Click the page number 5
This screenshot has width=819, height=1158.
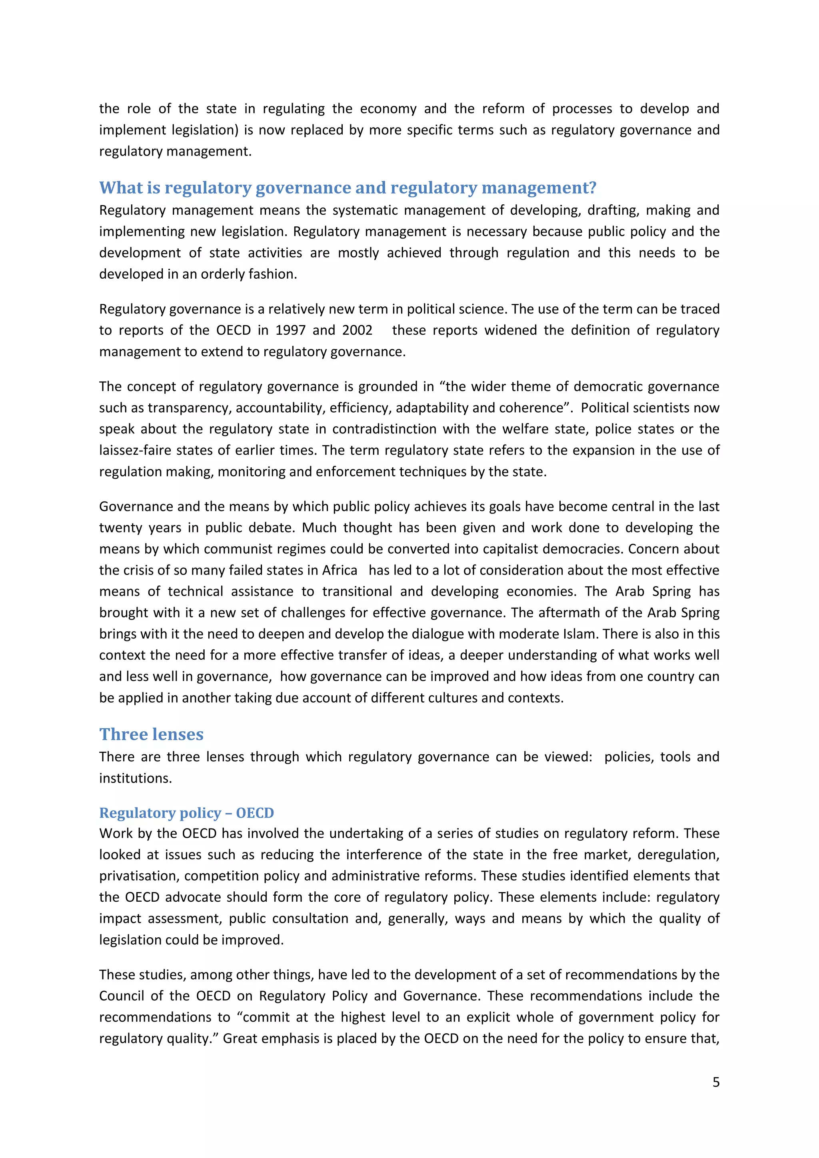click(x=715, y=1082)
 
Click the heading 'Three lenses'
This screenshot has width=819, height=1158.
click(x=151, y=734)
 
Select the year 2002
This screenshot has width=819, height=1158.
click(x=357, y=330)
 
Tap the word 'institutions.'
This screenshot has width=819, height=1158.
click(x=135, y=778)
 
